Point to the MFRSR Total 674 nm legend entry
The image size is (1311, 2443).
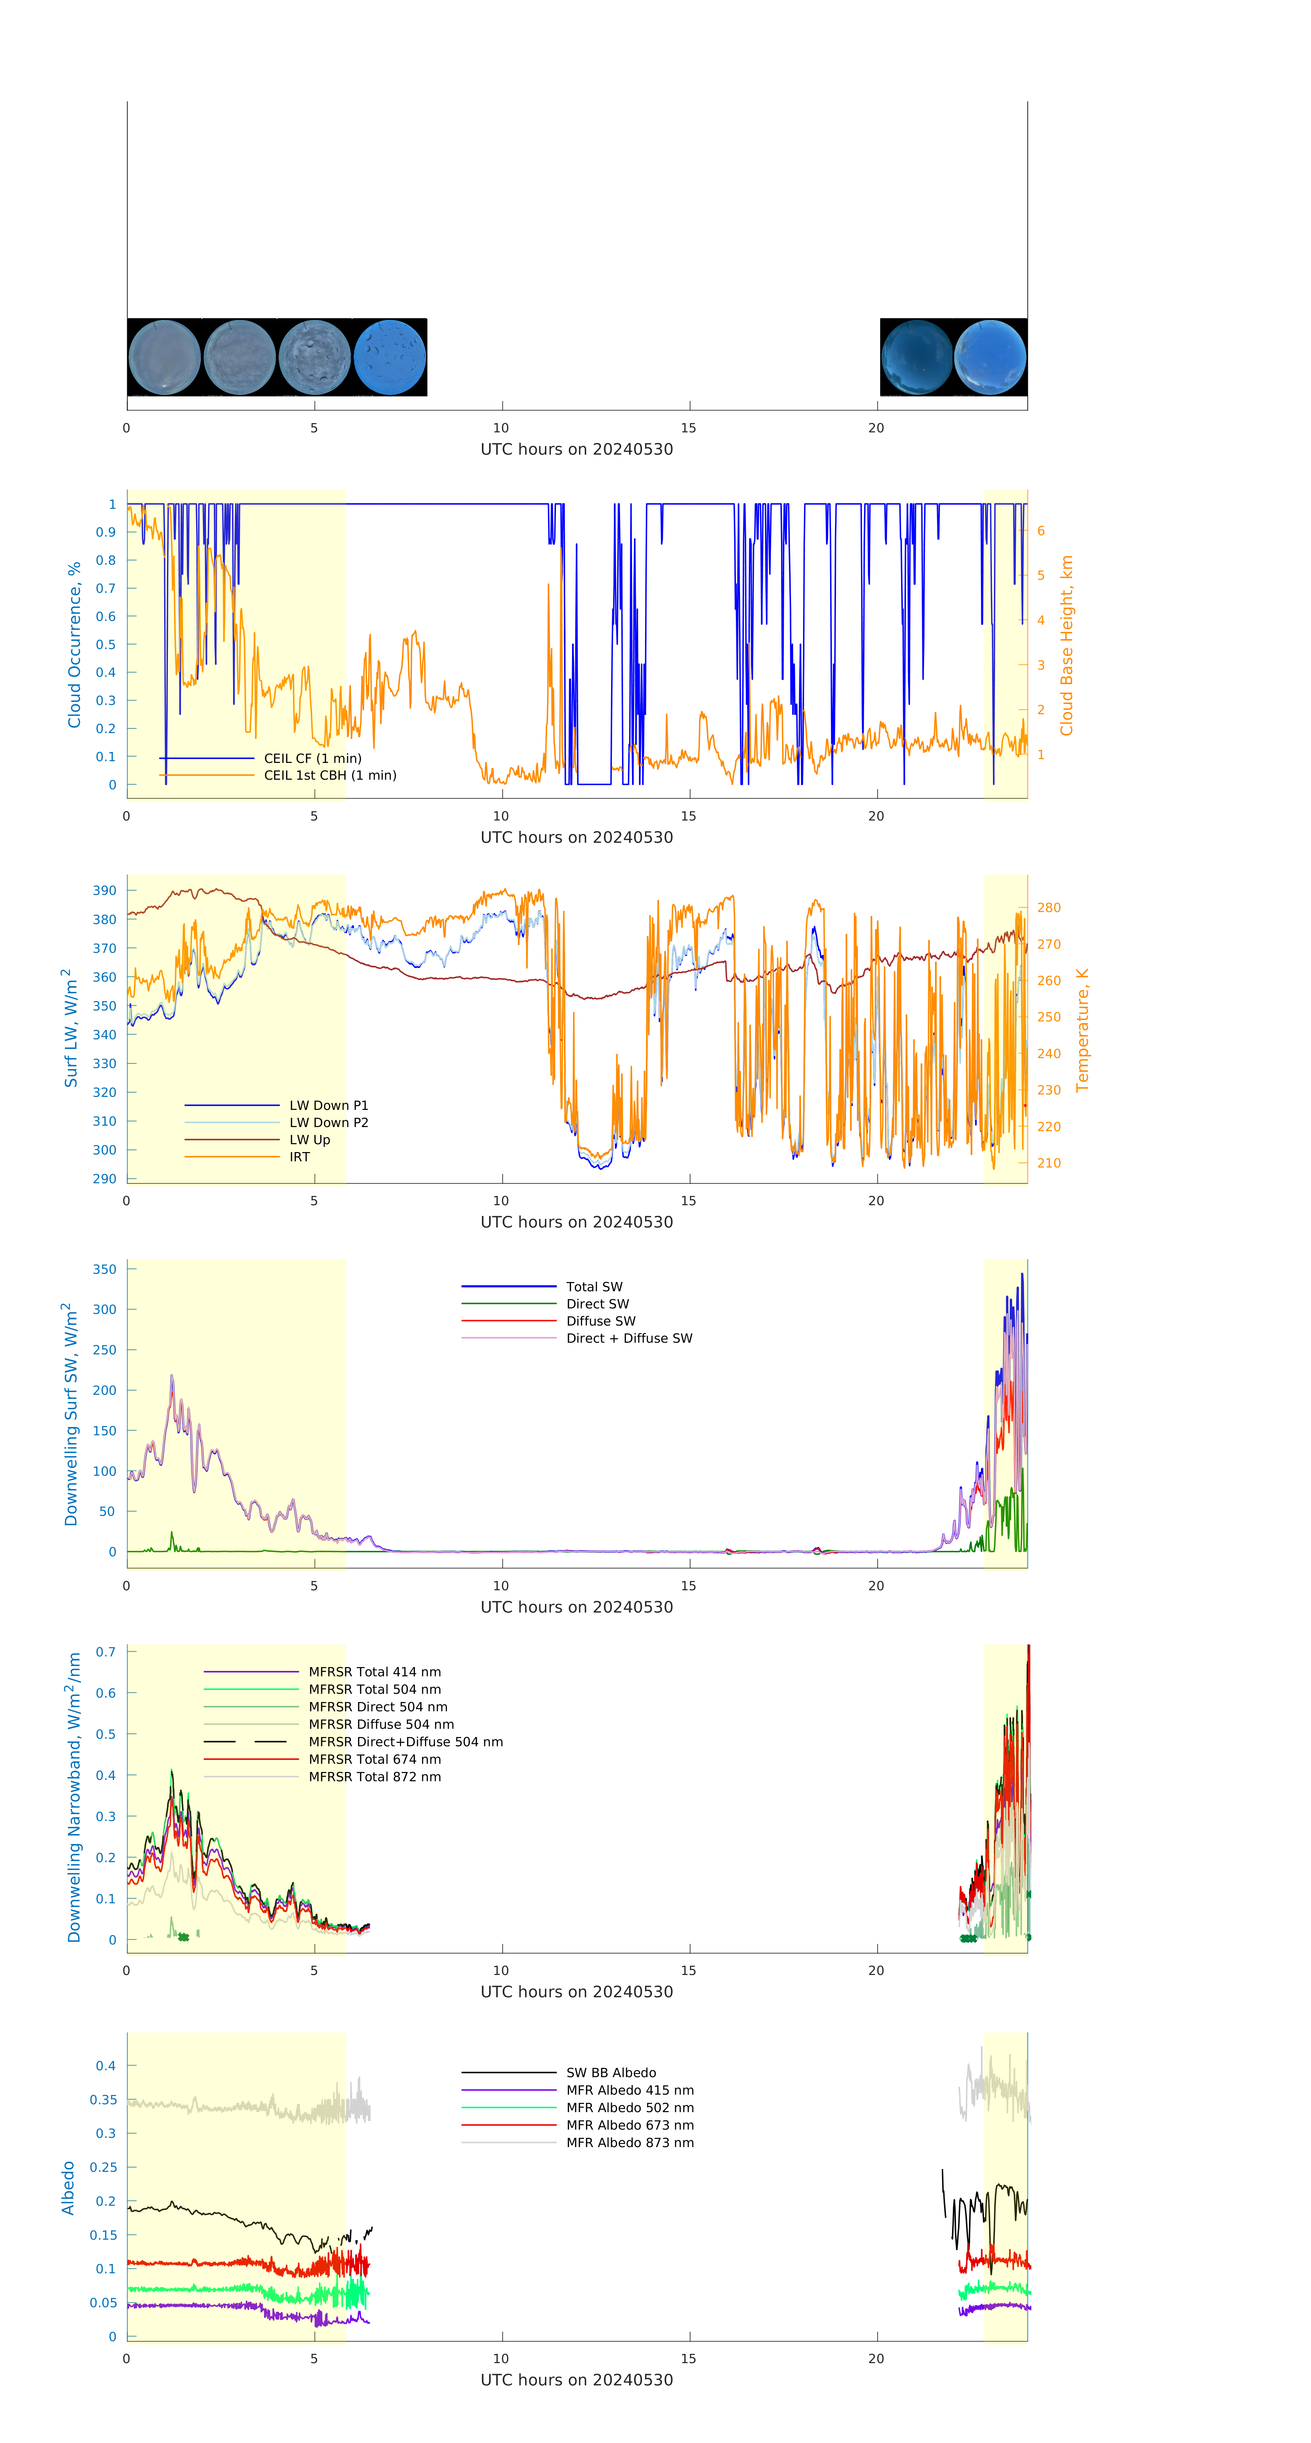[374, 1759]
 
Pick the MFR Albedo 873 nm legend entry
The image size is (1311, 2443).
[629, 2142]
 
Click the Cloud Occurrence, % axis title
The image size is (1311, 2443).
[74, 645]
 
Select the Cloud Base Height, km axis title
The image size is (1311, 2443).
[1066, 645]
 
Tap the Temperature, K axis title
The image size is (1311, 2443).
[1082, 1030]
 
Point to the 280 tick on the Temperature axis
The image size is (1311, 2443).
[1048, 908]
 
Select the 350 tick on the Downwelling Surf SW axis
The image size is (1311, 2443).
[104, 1269]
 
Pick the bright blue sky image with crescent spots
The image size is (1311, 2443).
[390, 357]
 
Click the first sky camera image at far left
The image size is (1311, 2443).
[164, 357]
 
